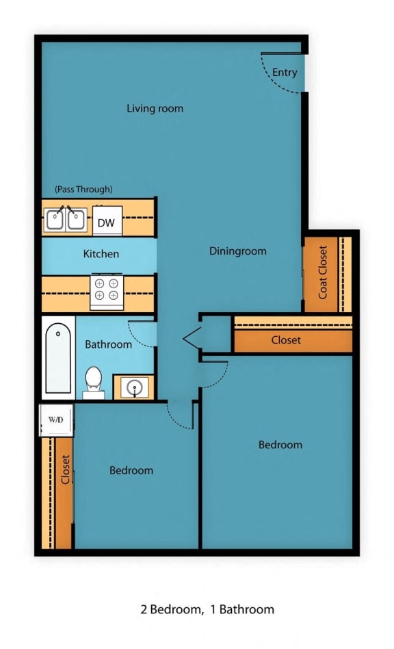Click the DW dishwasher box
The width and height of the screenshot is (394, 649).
point(107,222)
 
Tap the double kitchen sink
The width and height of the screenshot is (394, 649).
point(66,220)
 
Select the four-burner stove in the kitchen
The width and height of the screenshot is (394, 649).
point(107,290)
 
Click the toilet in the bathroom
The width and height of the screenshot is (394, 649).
point(94,382)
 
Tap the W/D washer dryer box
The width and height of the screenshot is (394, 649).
point(55,419)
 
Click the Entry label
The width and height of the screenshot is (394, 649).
point(285,72)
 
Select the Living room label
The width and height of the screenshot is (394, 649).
point(155,108)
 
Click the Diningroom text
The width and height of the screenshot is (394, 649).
point(238,251)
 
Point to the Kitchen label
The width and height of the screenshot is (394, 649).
point(101,254)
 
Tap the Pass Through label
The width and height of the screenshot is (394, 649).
point(83,189)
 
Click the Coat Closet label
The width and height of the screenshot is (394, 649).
point(323,272)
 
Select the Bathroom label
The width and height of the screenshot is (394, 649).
point(108,344)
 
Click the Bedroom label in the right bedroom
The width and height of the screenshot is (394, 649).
point(280,445)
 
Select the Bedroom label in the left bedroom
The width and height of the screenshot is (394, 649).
point(131,470)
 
